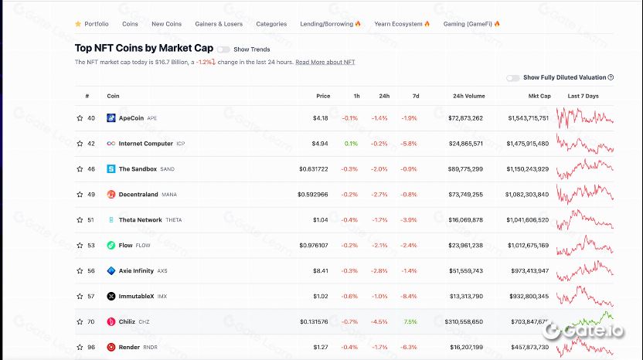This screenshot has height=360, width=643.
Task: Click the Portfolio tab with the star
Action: coord(92,24)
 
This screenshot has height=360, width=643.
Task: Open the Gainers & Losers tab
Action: coord(219,24)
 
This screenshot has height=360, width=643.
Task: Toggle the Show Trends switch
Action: coord(223,49)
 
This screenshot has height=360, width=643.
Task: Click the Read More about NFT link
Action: coord(325,62)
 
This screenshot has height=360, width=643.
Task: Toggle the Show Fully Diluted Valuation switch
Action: coord(513,78)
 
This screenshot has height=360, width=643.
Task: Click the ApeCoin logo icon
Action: coord(111,118)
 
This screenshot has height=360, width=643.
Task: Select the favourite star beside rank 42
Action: coord(80,144)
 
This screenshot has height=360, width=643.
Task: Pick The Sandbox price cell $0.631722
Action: coord(313,169)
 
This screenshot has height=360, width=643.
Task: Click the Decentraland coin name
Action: coord(138,195)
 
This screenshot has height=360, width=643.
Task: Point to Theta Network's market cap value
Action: coord(529,220)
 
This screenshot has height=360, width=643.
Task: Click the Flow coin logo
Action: coord(111,246)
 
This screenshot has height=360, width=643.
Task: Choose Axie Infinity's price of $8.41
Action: coord(321,271)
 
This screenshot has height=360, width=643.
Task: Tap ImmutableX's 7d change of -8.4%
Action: coord(409,297)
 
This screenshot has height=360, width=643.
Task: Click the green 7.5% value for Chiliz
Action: coord(410,322)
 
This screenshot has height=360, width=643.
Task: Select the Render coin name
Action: coord(129,348)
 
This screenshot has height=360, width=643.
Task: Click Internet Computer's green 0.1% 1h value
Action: coord(351,144)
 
